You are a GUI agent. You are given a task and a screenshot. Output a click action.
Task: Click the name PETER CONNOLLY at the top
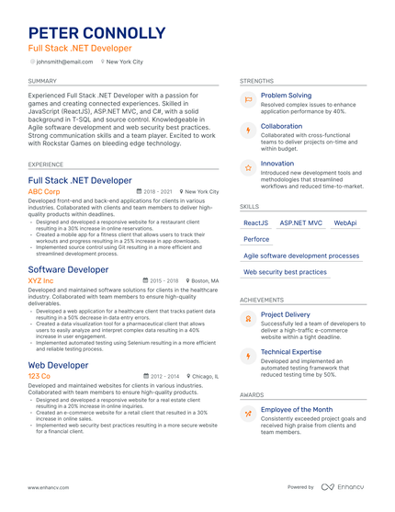[96, 33]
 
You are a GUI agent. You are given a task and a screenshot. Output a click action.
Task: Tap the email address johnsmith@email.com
[63, 62]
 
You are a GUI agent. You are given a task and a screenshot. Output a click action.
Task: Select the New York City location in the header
[125, 62]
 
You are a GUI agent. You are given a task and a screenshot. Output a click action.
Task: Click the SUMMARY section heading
[42, 81]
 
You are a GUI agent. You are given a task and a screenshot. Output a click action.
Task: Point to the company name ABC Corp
[44, 192]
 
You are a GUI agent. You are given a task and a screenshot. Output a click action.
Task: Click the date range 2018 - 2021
[156, 192]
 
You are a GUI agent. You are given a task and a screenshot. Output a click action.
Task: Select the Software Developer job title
[68, 269]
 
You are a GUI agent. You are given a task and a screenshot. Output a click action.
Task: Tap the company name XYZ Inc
[40, 280]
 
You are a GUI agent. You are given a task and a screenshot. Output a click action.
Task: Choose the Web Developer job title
[59, 365]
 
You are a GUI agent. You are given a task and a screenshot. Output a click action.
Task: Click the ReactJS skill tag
[255, 222]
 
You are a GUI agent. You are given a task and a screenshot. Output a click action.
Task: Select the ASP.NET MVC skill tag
[300, 222]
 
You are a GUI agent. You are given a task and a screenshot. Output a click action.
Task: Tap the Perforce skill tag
[256, 239]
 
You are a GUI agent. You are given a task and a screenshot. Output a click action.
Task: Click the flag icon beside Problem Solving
[248, 99]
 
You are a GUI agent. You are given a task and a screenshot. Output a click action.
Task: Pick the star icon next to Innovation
[248, 168]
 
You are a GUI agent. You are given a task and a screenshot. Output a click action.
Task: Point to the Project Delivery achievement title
[285, 314]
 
